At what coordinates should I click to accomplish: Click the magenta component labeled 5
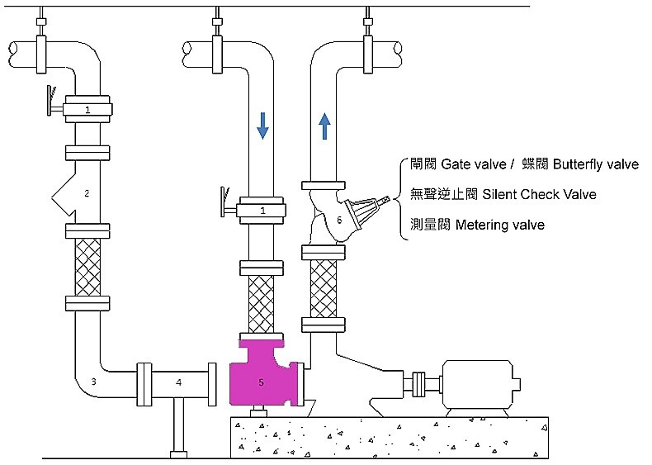[x=259, y=376]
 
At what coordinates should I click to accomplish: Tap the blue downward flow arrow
[x=262, y=125]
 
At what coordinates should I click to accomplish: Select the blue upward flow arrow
[x=324, y=126]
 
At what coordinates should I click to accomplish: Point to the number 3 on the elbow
[x=93, y=382]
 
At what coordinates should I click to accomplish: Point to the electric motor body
[x=479, y=384]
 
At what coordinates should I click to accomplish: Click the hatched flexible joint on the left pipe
[x=87, y=265]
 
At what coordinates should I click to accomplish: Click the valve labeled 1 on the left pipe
[x=87, y=109]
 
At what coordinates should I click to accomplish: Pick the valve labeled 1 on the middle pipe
[x=262, y=211]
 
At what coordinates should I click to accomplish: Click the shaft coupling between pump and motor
[x=422, y=384]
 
